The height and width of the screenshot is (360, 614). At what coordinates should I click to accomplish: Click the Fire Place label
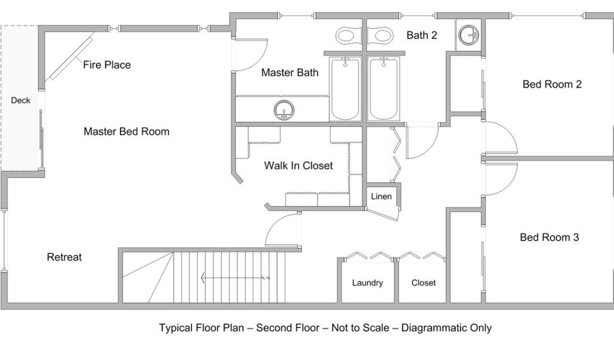click(x=107, y=65)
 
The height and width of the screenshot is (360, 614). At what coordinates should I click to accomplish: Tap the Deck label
click(x=20, y=100)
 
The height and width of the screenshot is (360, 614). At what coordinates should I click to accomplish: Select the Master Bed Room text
click(x=127, y=131)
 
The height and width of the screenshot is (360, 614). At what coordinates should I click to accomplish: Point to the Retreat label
click(x=64, y=257)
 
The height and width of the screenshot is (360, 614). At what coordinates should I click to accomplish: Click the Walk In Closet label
click(x=299, y=166)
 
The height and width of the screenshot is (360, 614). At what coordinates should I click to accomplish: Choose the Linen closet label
click(x=381, y=196)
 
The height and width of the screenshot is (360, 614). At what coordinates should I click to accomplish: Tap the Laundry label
click(x=368, y=283)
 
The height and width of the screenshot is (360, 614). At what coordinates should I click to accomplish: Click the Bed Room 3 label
click(x=549, y=237)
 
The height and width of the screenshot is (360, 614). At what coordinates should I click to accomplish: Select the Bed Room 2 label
click(x=552, y=84)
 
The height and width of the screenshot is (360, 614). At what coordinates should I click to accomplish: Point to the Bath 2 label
click(x=422, y=35)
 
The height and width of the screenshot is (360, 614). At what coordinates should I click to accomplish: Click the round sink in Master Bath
click(x=284, y=110)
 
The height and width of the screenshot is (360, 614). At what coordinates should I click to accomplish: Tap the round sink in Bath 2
click(x=468, y=35)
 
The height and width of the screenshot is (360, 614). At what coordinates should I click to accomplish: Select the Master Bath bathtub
click(x=345, y=89)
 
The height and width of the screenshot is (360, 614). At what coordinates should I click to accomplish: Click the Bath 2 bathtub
click(x=384, y=89)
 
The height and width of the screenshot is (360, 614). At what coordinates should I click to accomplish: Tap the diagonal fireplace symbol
click(x=70, y=56)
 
